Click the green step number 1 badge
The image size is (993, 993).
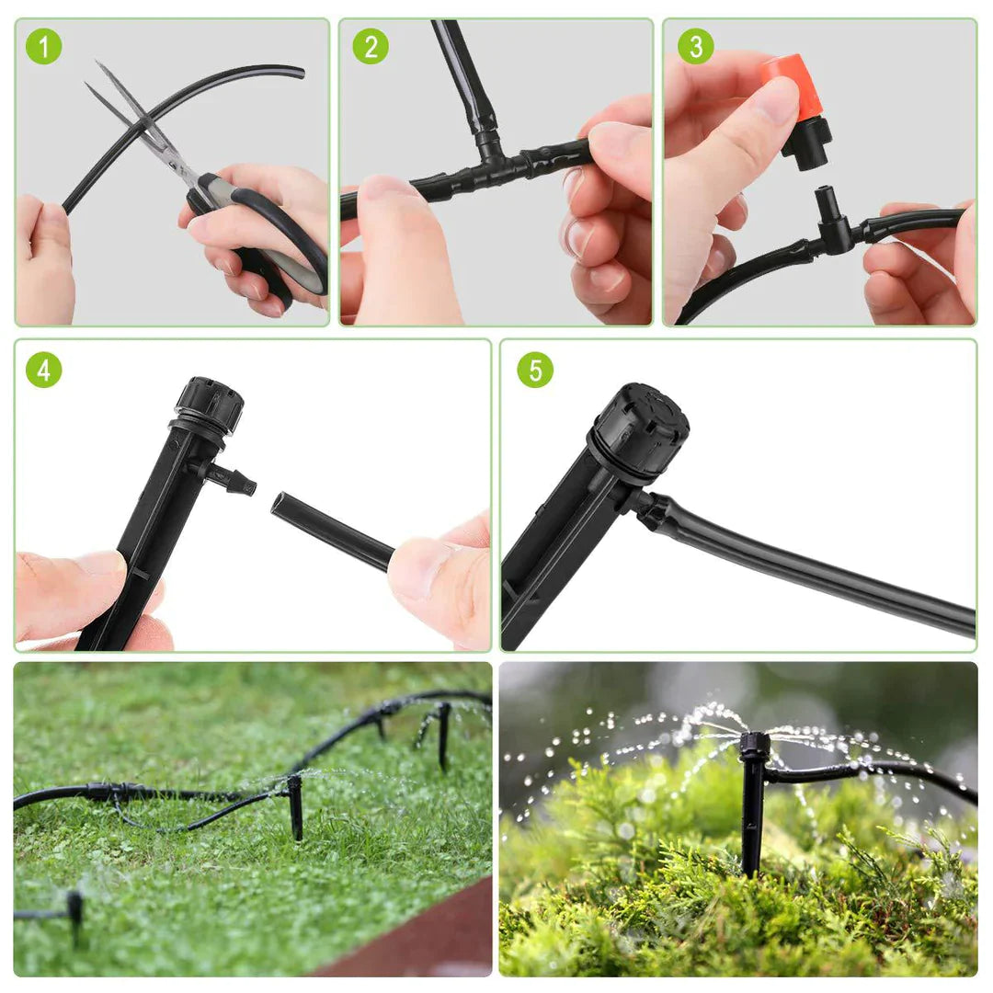tap(43, 47)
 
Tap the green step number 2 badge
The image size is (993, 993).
tap(370, 46)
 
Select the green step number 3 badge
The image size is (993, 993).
tap(695, 46)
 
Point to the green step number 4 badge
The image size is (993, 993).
tap(43, 370)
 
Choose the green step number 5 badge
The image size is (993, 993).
tap(535, 370)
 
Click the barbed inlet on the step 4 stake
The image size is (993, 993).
tap(234, 478)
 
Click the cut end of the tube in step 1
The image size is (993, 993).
tap(299, 72)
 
